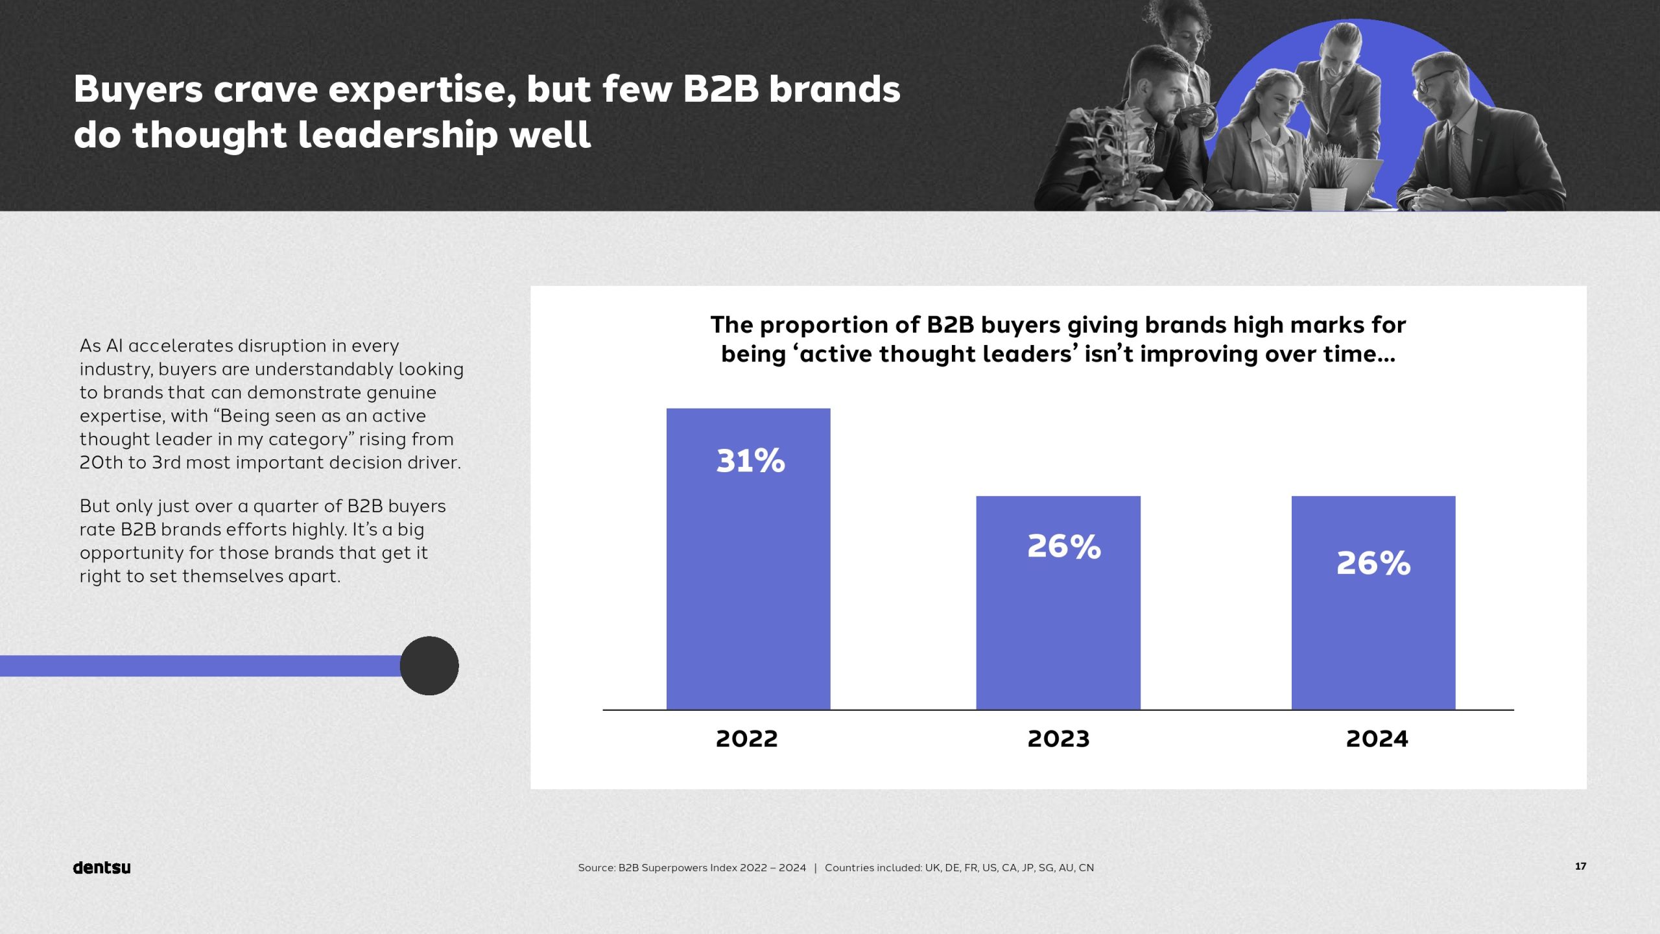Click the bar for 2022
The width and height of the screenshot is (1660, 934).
click(x=748, y=584)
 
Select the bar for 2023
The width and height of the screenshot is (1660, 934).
click(x=1058, y=623)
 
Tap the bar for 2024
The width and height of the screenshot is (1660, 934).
click(x=1373, y=636)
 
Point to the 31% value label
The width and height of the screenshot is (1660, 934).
click(x=750, y=461)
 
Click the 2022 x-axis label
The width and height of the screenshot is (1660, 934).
click(x=746, y=739)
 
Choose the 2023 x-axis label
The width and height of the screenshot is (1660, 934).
click(x=1058, y=739)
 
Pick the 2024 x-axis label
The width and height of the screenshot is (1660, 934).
click(x=1377, y=739)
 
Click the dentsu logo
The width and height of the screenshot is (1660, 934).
click(x=102, y=867)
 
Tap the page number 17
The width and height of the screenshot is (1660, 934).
click(x=1581, y=866)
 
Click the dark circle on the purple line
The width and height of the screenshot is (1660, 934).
click(x=429, y=665)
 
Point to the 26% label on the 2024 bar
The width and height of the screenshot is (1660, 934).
click(x=1373, y=563)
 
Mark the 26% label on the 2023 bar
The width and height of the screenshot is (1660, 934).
click(x=1064, y=546)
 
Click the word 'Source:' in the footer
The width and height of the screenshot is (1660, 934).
click(x=596, y=868)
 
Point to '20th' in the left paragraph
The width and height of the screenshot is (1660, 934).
click(x=101, y=462)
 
